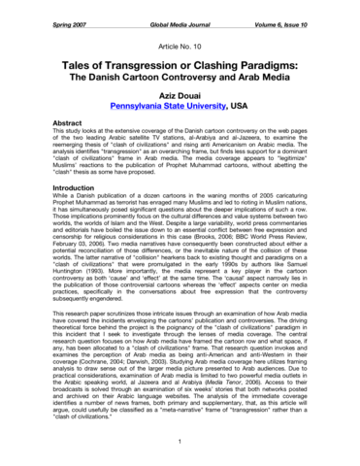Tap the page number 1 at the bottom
click(x=180, y=444)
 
